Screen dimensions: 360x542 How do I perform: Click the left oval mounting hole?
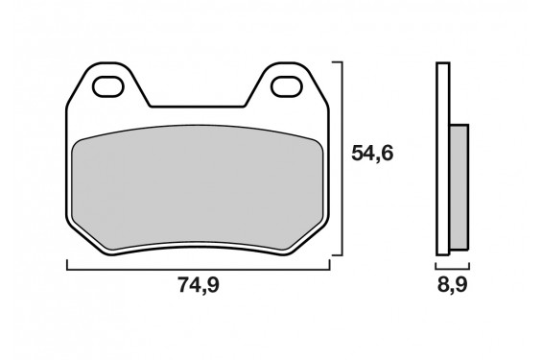107,87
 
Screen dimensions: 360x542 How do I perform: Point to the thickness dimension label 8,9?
454,286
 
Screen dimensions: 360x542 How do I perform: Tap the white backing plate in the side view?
441,158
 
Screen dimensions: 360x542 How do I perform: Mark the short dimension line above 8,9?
452,264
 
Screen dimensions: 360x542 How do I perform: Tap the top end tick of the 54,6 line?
337,61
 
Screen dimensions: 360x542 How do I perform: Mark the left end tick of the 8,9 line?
436,264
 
